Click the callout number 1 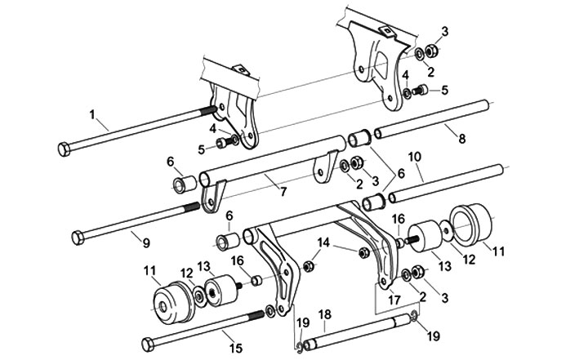click(x=92, y=113)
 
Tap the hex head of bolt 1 click(x=65, y=150)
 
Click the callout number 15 click(x=235, y=348)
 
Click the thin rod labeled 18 click(x=359, y=330)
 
